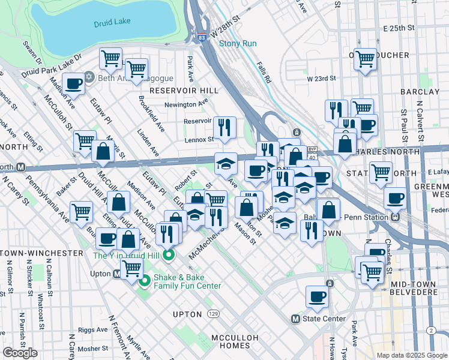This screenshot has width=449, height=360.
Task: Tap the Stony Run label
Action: pyautogui.click(x=237, y=43)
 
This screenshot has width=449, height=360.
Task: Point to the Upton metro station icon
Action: pyautogui.click(x=118, y=274)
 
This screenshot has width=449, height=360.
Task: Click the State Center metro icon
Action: pyautogui.click(x=295, y=319)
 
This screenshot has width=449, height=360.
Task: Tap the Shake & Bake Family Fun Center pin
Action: pyautogui.click(x=144, y=281)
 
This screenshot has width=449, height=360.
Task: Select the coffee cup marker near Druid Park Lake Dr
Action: pyautogui.click(x=74, y=85)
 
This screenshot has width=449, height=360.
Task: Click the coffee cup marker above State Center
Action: pyautogui.click(x=317, y=296)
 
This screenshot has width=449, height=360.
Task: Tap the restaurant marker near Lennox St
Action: pyautogui.click(x=224, y=127)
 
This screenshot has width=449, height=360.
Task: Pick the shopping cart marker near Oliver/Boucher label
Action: pyautogui.click(x=365, y=59)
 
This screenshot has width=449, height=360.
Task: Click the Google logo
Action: pyautogui.click(x=20, y=353)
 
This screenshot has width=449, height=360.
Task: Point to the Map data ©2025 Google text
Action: pyautogui.click(x=411, y=355)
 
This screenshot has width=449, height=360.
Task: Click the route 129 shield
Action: pyautogui.click(x=213, y=314)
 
